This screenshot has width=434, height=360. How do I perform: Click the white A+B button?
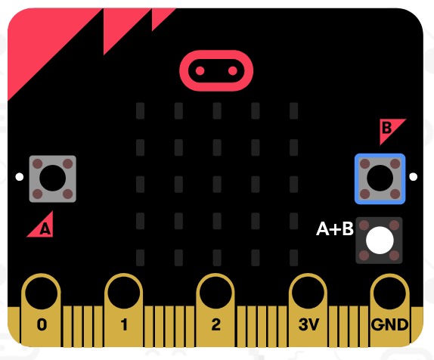[380, 241]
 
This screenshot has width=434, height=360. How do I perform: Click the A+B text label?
[335, 229]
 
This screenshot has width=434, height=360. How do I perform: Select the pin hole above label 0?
[42, 293]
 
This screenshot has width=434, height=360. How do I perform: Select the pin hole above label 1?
[124, 293]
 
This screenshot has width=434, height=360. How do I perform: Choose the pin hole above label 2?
[215, 293]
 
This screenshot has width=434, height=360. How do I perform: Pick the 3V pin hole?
[308, 293]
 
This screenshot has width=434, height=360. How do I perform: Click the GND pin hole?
[389, 293]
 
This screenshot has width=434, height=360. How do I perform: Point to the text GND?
[389, 324]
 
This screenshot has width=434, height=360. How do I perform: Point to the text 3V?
[309, 324]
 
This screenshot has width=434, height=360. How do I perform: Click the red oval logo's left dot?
[200, 71]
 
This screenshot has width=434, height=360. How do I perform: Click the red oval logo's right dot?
[233, 71]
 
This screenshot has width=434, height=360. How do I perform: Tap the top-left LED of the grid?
[141, 110]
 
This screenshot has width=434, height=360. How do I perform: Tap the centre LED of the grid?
[217, 184]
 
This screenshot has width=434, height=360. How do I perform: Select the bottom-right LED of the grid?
[293, 258]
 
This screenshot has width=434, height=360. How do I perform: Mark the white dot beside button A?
[20, 177]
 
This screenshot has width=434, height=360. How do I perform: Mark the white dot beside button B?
[414, 177]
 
